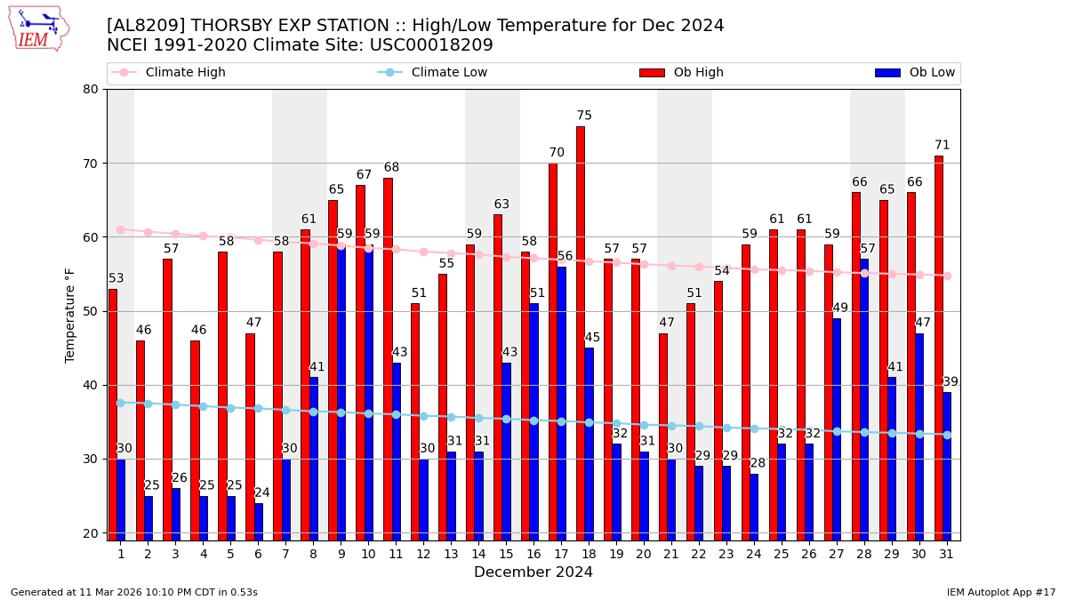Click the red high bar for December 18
581,333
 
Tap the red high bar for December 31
939,348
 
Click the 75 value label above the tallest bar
584,116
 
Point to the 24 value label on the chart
262,492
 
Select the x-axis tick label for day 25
782,554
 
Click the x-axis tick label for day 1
121,554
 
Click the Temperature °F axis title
71,315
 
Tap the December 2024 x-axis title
533,572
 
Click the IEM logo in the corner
38,28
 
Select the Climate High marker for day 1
121,229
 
